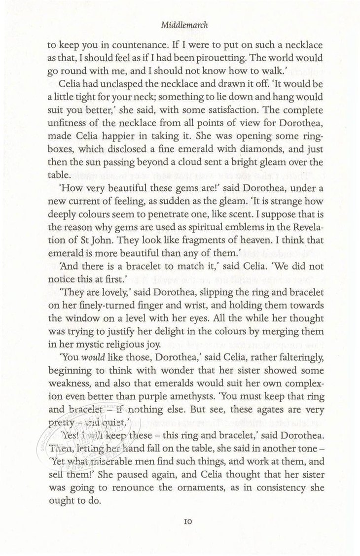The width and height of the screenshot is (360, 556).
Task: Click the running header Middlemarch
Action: coord(180,23)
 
